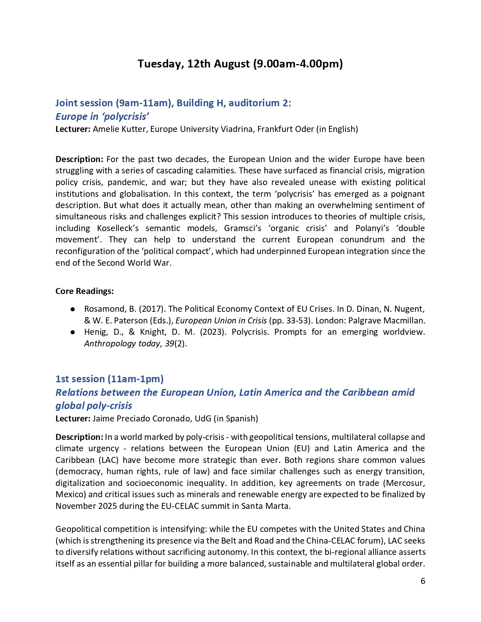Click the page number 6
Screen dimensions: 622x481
423,581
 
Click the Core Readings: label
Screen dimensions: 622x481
85,291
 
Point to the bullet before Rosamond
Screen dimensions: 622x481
72,309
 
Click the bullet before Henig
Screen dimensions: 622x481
72,332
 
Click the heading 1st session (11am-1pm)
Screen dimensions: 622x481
109,379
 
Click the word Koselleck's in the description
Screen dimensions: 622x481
120,228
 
